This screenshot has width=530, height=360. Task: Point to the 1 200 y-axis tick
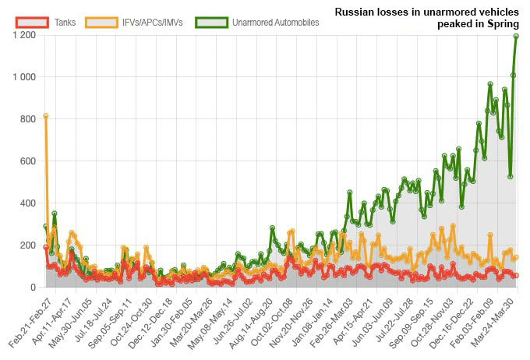click(x=24, y=35)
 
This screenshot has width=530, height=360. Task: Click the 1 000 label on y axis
click(x=24, y=77)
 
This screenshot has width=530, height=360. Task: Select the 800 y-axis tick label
click(x=28, y=119)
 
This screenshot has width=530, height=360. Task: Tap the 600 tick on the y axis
click(x=28, y=161)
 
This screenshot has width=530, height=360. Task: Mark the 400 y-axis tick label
click(x=28, y=203)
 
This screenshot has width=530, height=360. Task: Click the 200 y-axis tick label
click(x=28, y=245)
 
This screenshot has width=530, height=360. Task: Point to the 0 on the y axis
click(x=33, y=288)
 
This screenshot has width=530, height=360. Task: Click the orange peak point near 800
click(x=46, y=116)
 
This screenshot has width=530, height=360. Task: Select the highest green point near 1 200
click(x=516, y=36)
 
